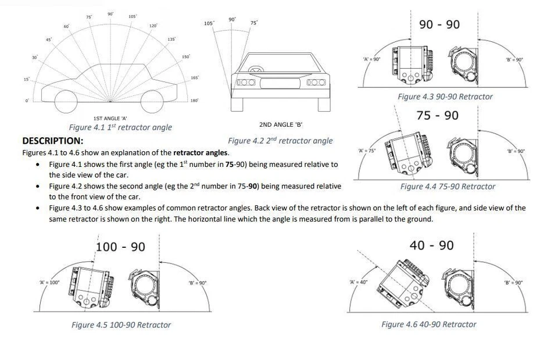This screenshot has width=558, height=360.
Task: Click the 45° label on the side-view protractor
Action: click(x=49, y=39)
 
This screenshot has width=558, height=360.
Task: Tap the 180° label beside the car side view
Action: click(x=194, y=101)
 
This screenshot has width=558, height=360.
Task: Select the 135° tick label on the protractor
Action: click(x=171, y=39)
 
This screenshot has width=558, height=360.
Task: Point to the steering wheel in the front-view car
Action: click(x=255, y=70)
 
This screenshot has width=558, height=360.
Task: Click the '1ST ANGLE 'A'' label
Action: click(x=110, y=118)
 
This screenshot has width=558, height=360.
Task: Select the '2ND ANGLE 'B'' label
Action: click(x=281, y=124)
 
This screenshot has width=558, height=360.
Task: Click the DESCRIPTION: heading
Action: click(x=52, y=141)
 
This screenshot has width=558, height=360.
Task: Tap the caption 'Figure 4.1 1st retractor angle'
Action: click(x=120, y=127)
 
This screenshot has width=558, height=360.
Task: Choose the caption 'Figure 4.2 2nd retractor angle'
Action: click(x=280, y=141)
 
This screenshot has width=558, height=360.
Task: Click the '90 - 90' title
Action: click(x=439, y=24)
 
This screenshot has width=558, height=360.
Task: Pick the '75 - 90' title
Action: click(x=438, y=115)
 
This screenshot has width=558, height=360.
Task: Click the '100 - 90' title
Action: click(x=121, y=247)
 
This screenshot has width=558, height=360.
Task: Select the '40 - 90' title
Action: click(x=431, y=245)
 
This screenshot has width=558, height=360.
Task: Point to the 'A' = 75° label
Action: click(x=367, y=151)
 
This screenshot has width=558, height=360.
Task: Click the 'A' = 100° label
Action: click(x=50, y=282)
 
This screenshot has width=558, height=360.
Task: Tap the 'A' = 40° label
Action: click(x=359, y=282)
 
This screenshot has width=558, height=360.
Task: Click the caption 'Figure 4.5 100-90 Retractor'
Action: click(x=121, y=325)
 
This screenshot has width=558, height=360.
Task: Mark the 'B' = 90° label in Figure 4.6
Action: click(x=513, y=282)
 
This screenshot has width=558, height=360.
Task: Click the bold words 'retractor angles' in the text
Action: click(x=201, y=153)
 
